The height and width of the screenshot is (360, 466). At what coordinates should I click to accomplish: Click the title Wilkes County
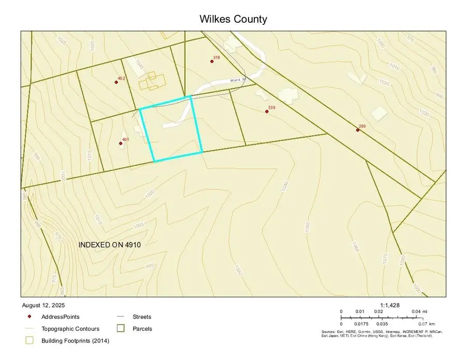click(233, 19)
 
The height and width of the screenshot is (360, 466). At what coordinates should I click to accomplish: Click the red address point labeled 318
click(212, 62)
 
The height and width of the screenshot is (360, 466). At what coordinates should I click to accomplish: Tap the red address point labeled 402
click(116, 82)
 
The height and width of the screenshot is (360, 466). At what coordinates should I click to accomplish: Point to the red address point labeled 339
click(267, 111)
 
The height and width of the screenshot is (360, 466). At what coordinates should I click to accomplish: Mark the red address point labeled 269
click(358, 130)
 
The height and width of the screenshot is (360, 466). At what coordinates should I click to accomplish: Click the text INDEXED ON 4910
click(110, 244)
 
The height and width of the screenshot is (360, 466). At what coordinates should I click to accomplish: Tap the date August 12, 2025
click(44, 305)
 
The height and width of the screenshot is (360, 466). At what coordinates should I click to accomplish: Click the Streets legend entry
click(142, 316)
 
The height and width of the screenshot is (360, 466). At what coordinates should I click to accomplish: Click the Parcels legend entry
click(142, 328)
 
